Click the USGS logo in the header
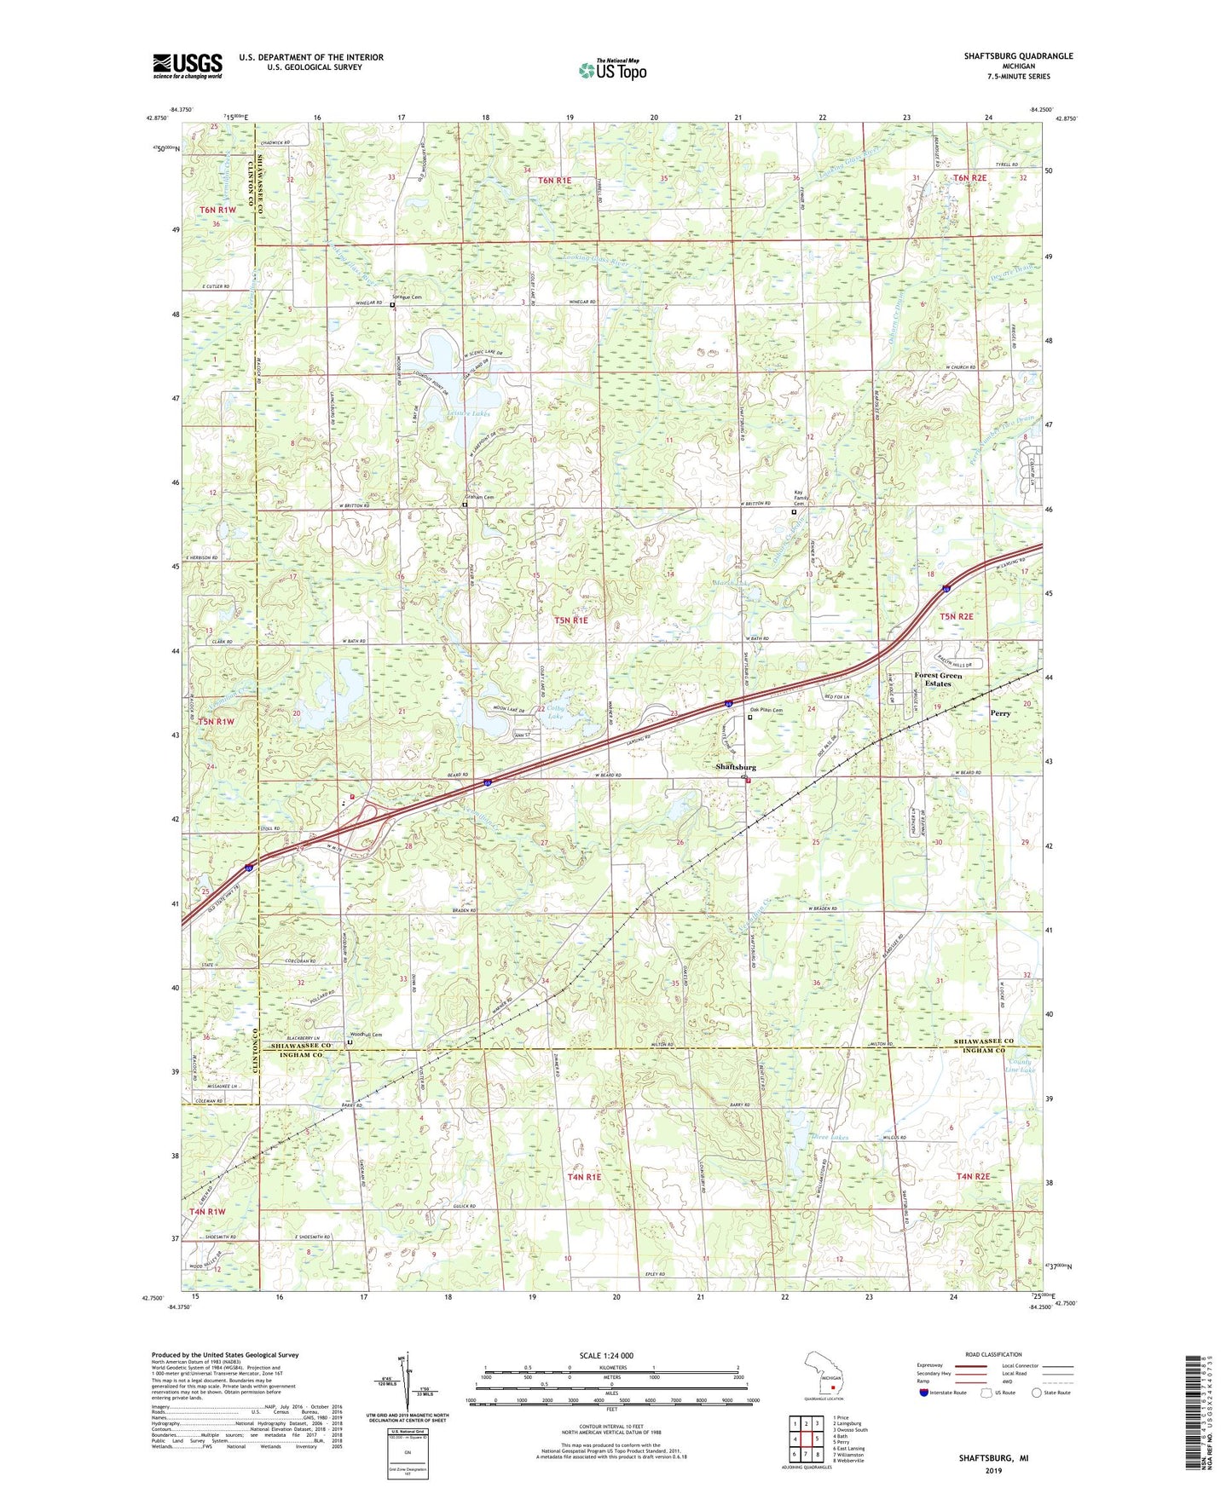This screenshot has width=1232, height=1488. [188, 65]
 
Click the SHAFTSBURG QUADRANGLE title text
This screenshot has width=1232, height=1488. [1018, 56]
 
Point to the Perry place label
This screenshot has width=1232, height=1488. [1000, 713]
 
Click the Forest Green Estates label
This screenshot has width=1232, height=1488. [938, 679]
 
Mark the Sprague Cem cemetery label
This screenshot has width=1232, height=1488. [407, 297]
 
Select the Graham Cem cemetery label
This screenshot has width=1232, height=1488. [478, 497]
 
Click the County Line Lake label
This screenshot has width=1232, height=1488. [1019, 1065]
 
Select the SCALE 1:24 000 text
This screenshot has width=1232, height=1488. [606, 1355]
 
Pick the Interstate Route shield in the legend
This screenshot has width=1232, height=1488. [924, 1393]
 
